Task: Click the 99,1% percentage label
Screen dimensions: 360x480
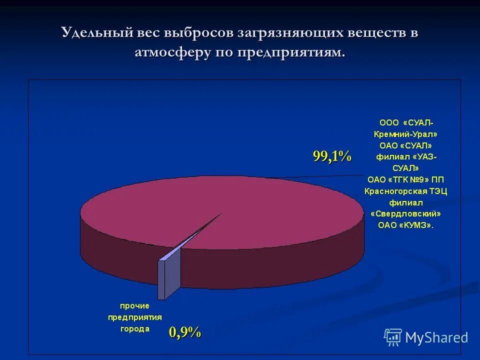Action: coord(332,156)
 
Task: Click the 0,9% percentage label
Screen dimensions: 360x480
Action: coord(184,331)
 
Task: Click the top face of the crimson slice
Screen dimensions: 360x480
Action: coord(250,215)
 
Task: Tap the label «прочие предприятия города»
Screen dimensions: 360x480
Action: coord(134,317)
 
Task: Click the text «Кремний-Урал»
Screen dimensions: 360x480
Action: coord(406,134)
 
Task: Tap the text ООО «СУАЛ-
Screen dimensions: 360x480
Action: coord(406,122)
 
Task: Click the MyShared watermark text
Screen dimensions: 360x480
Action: coord(436,337)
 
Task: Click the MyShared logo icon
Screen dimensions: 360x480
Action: coord(393,337)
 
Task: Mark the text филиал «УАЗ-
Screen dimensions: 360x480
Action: coord(406,157)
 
